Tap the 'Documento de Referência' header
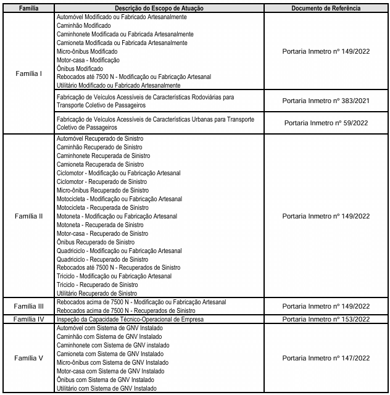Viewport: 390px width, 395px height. click(x=326, y=9)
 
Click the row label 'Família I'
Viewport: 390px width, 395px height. click(x=28, y=73)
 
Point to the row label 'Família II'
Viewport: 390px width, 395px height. click(x=28, y=217)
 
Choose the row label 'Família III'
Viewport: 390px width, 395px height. click(x=28, y=306)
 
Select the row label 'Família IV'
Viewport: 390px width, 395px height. click(x=28, y=319)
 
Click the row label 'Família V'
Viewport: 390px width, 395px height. click(x=28, y=357)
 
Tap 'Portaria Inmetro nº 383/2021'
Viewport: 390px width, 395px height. click(x=326, y=101)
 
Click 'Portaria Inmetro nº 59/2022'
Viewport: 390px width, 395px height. click(x=326, y=122)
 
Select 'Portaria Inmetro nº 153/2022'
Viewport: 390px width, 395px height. click(x=326, y=319)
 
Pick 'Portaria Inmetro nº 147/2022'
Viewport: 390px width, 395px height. click(x=326, y=357)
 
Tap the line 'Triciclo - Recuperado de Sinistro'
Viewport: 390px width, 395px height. click(x=97, y=285)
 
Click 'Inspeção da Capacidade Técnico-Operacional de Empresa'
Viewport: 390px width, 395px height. click(x=130, y=319)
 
